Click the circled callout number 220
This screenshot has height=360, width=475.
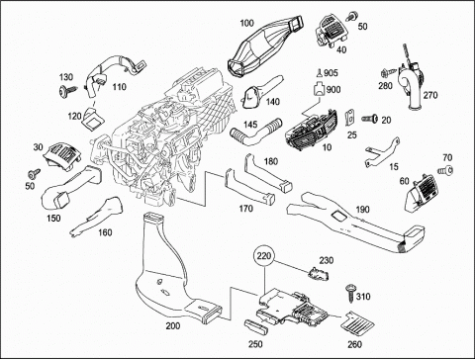point(264,255)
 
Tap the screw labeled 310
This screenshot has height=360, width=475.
point(350,293)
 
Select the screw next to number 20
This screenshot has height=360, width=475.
point(370,119)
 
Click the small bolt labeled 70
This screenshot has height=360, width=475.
point(445,170)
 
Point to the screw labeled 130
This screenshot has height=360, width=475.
point(67,90)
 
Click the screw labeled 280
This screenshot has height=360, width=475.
point(388,72)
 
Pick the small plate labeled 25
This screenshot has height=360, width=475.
point(349,118)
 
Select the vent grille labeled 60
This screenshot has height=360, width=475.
point(420,192)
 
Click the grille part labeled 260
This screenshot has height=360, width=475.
point(357,325)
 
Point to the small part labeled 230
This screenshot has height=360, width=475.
point(318,274)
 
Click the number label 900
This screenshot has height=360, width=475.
point(333,89)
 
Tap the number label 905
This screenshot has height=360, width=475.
point(331,73)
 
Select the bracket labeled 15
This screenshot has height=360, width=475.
point(383,151)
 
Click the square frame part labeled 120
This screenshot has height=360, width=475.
point(92,118)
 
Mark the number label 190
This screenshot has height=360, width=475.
point(362,210)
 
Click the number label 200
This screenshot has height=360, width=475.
point(173,326)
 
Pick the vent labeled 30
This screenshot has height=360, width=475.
point(62,156)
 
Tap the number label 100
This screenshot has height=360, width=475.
point(246,23)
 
